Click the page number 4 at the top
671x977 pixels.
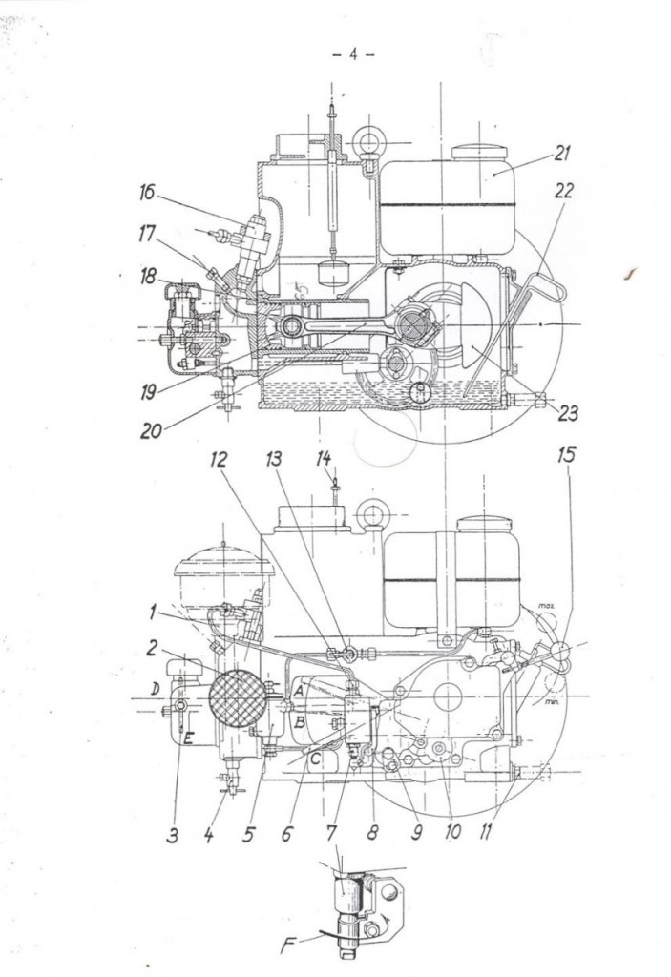pyautogui.click(x=353, y=54)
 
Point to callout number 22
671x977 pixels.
pyautogui.click(x=563, y=190)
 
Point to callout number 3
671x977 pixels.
pyautogui.click(x=174, y=837)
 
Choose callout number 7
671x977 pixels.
pyautogui.click(x=331, y=832)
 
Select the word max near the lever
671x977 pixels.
pyautogui.click(x=547, y=605)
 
